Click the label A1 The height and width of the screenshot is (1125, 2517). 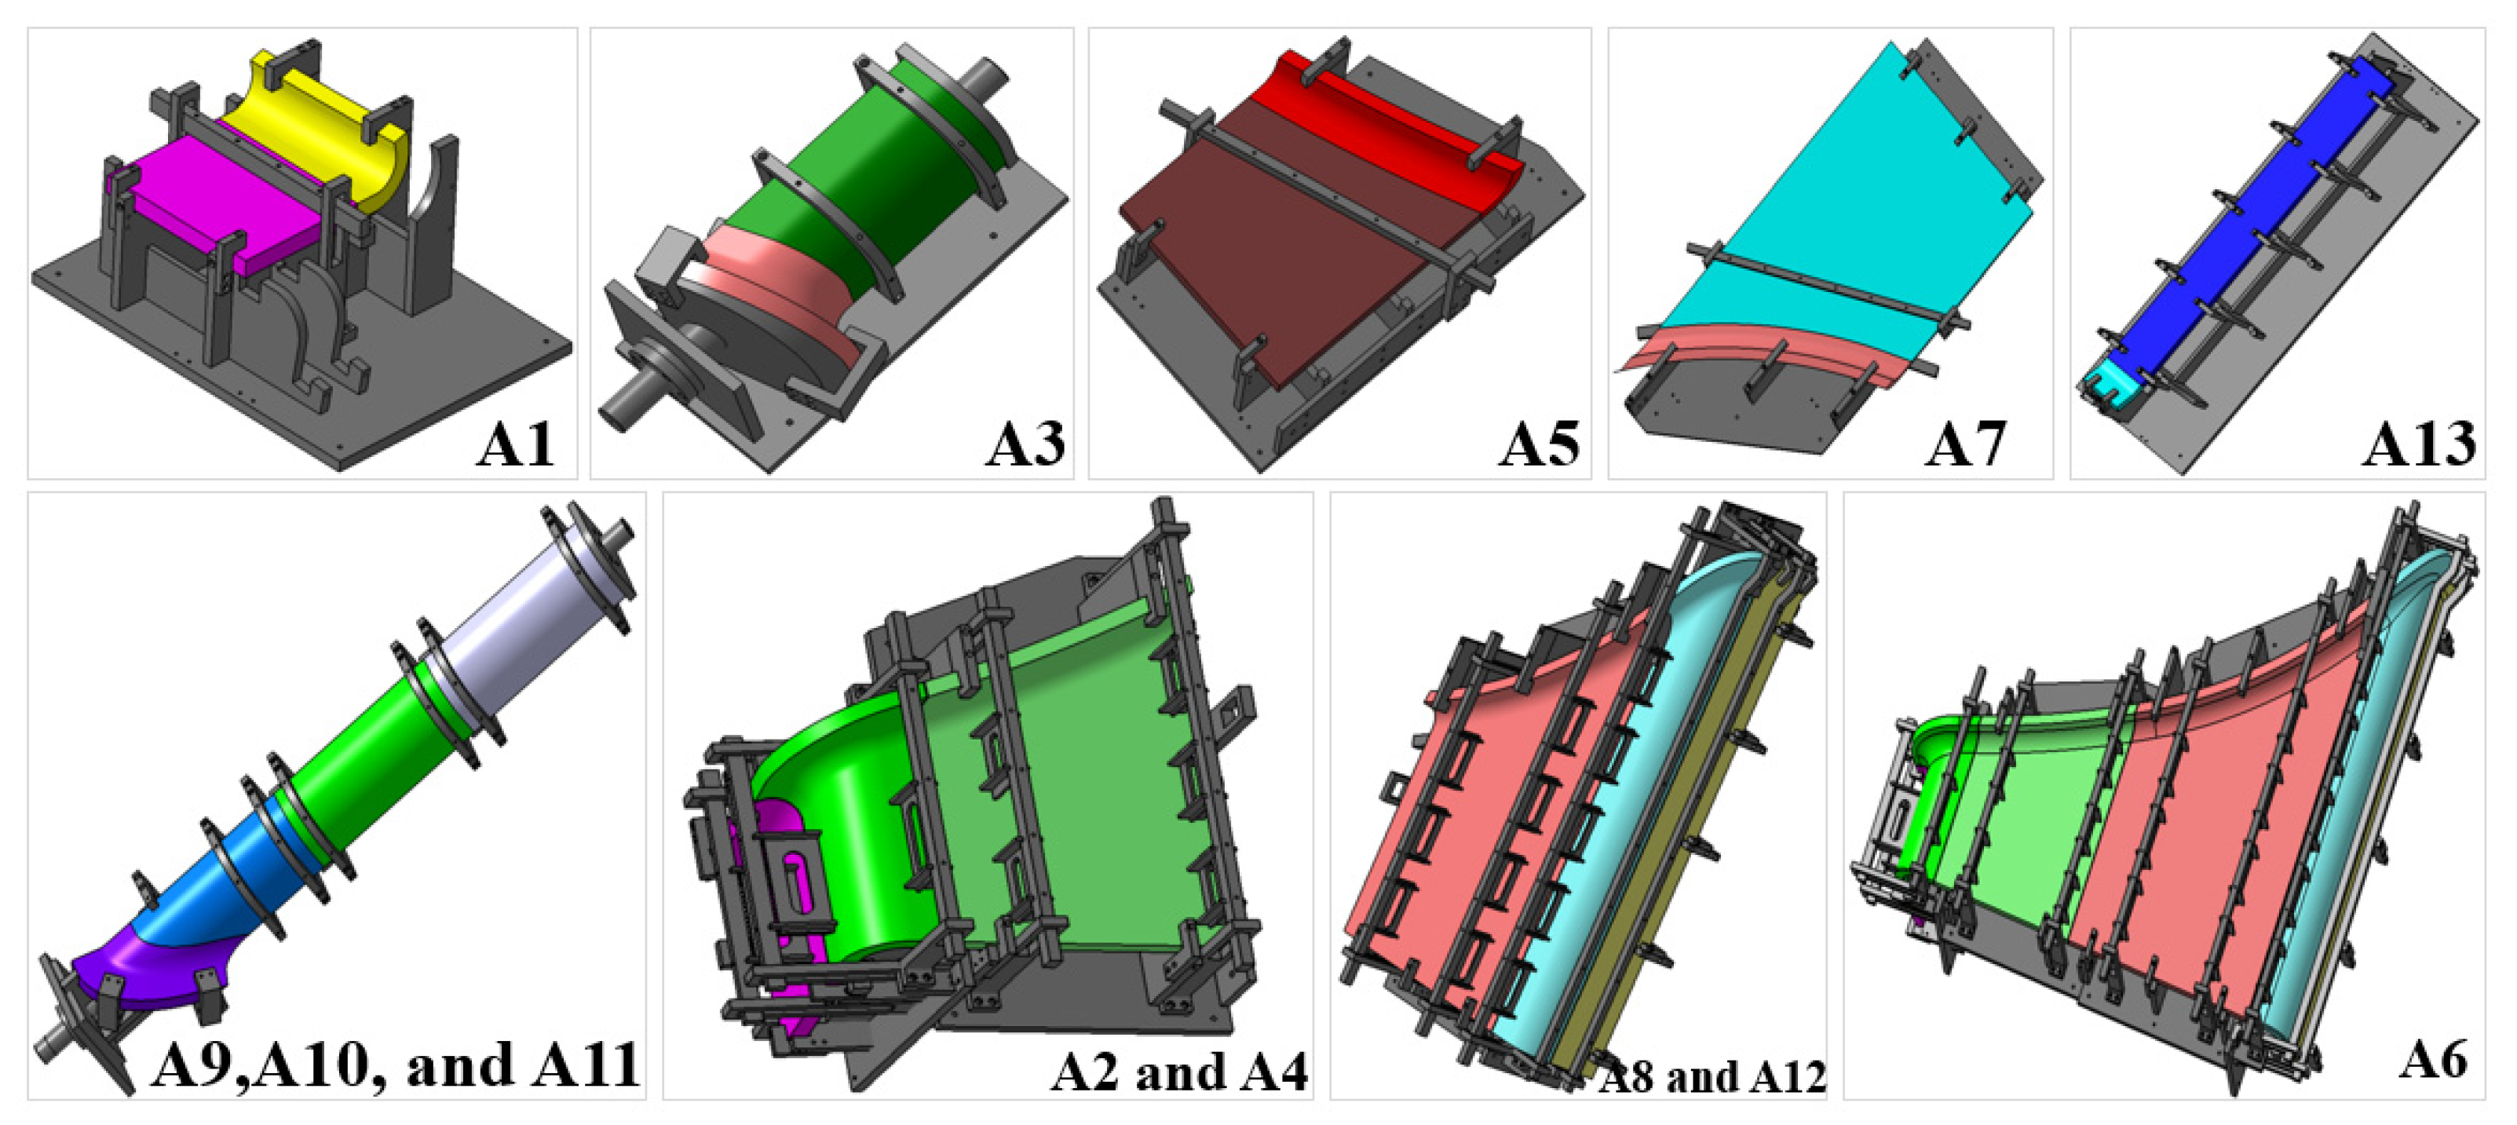(x=515, y=444)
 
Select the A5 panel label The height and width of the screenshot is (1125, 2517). (x=1539, y=444)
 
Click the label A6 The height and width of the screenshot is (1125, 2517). (x=2434, y=1058)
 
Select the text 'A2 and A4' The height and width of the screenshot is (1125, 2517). (x=1179, y=1072)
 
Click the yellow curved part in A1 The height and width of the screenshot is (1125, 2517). (x=323, y=127)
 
